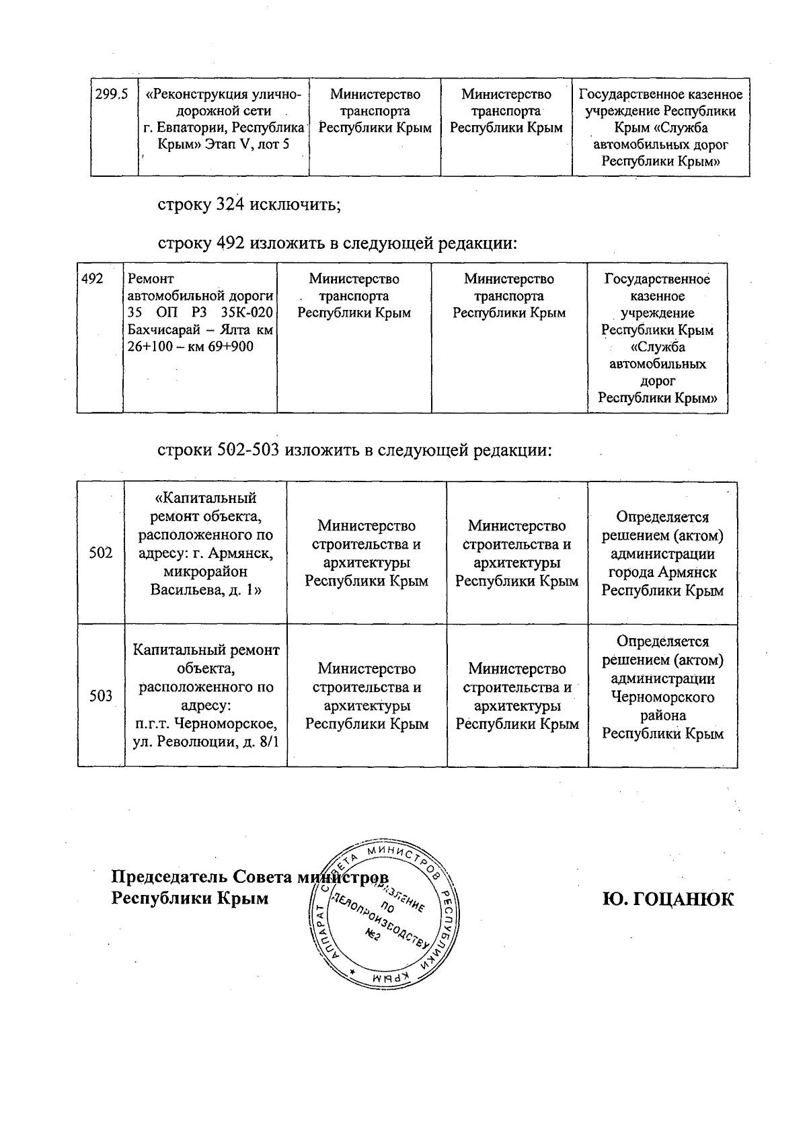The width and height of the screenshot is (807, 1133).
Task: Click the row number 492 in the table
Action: [x=93, y=278]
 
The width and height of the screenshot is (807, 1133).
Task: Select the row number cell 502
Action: [x=101, y=553]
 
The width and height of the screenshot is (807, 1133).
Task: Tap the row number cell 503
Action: [x=101, y=696]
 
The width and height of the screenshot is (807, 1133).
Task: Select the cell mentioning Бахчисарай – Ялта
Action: [x=200, y=313]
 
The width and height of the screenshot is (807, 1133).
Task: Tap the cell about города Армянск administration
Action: [x=662, y=553]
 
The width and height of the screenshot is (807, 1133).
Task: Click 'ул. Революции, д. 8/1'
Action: [x=206, y=742]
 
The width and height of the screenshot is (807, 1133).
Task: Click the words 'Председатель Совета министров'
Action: [x=249, y=878]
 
